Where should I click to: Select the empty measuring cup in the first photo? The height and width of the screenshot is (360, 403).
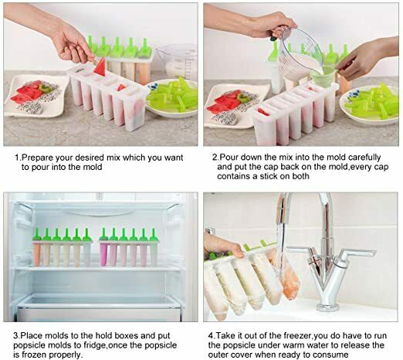pyautogui.click(x=177, y=60)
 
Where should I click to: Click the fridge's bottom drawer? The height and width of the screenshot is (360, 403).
pyautogui.click(x=100, y=306)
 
